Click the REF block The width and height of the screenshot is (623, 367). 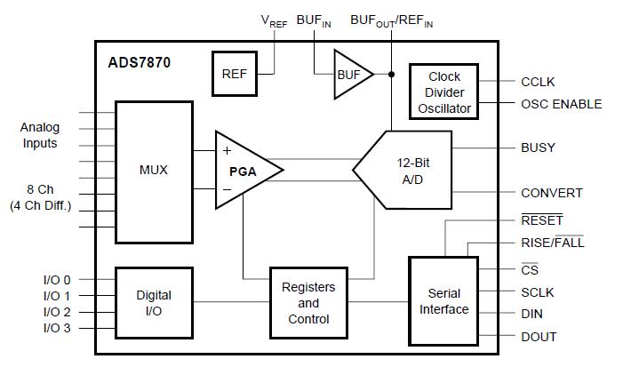coord(235,74)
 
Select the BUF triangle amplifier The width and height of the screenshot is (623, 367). coord(352,75)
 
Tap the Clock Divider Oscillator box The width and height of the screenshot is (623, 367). coord(443,92)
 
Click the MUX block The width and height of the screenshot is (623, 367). coord(154,172)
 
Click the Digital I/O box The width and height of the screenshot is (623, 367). coord(154,303)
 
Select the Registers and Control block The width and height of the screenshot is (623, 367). coord(308,303)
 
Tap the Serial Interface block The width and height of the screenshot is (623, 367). coord(443,301)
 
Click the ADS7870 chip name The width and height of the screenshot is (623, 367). coord(139,63)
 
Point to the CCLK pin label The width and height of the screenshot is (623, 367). coord(538,82)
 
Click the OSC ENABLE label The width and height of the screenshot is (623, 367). coord(561,104)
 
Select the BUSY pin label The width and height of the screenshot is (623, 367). coord(538,148)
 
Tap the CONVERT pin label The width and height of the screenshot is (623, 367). coord(552,193)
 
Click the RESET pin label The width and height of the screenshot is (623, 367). coord(542,220)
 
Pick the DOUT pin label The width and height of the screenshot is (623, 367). coord(539,337)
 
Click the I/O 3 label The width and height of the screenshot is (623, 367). coord(57,328)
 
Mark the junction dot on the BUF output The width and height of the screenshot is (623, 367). coord(391,75)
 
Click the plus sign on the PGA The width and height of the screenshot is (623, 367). coord(227,150)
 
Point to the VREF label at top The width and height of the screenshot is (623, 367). coord(274,21)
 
